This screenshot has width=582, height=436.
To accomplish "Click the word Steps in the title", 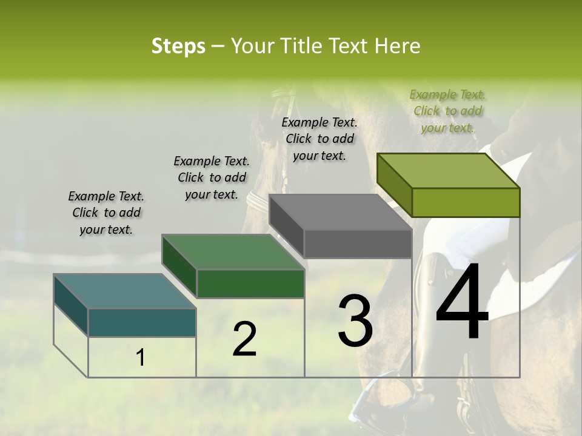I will (178, 46).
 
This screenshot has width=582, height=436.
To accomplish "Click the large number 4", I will (462, 303).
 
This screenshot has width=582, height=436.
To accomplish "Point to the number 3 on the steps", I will (355, 321).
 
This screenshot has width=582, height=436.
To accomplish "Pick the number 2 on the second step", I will (244, 339).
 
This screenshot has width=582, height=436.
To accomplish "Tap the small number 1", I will (141, 358).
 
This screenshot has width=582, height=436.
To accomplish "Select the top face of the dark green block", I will (233, 252).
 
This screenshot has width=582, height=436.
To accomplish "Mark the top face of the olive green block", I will (449, 171).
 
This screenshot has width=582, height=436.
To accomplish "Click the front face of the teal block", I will (142, 322).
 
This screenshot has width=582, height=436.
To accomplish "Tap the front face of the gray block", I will (358, 244).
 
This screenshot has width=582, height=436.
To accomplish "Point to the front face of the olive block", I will (466, 202).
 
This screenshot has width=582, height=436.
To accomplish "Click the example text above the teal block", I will (106, 213).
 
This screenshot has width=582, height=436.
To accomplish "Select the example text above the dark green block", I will (212, 177).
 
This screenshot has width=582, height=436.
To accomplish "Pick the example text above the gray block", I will (319, 139).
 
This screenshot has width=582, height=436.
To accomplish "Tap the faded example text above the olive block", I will (447, 111).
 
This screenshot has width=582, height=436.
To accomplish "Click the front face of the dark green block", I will (250, 283).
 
